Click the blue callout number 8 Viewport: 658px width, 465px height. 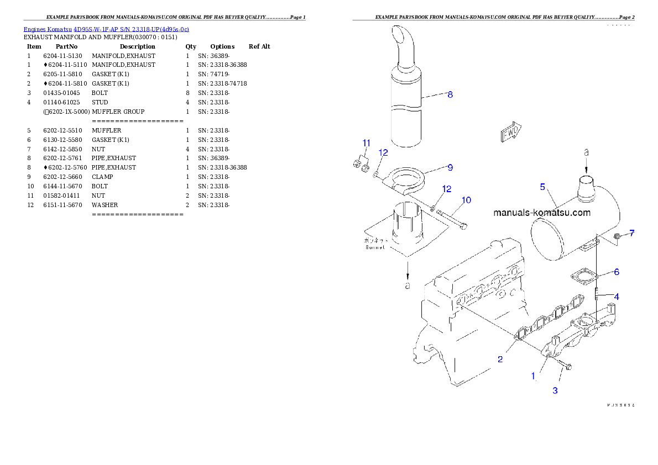pos(450,94)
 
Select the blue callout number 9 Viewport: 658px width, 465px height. pos(450,167)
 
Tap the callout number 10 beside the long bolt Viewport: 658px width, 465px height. pos(466,200)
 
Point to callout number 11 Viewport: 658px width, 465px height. pos(366,144)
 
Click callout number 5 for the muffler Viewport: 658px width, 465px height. pos(543,187)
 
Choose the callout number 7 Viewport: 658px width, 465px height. pos(631,233)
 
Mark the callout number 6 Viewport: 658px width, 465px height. pos(616,272)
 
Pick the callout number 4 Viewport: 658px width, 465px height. pos(616,297)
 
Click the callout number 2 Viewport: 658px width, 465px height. pos(500,360)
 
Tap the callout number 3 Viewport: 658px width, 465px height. pos(555,390)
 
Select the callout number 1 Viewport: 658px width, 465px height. pos(533,376)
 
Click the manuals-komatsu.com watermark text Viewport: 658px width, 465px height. pos(541,213)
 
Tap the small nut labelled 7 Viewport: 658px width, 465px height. pos(617,237)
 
